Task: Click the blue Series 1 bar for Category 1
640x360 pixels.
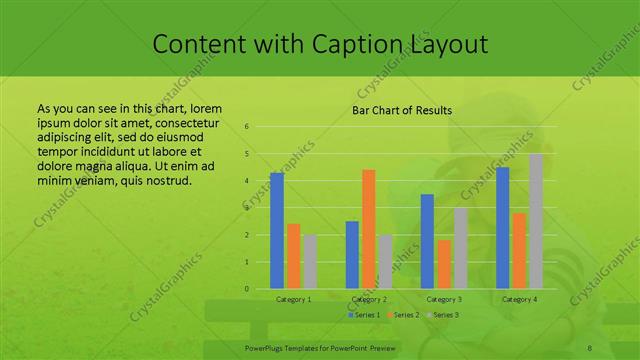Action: (x=277, y=231)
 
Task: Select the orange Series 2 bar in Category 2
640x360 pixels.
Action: (x=368, y=229)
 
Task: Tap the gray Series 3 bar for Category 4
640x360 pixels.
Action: (x=536, y=221)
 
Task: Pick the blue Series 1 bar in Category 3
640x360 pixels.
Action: (x=427, y=241)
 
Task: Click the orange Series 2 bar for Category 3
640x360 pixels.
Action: (x=443, y=264)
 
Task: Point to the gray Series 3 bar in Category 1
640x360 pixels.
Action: (x=310, y=262)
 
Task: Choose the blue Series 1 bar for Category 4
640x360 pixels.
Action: (x=503, y=228)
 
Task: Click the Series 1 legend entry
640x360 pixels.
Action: (x=364, y=315)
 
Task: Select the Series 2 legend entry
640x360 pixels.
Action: (x=403, y=315)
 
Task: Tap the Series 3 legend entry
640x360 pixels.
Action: (x=442, y=315)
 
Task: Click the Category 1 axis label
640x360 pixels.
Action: (x=294, y=299)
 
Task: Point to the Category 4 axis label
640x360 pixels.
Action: (x=519, y=299)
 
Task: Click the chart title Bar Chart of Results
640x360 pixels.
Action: (x=401, y=110)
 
